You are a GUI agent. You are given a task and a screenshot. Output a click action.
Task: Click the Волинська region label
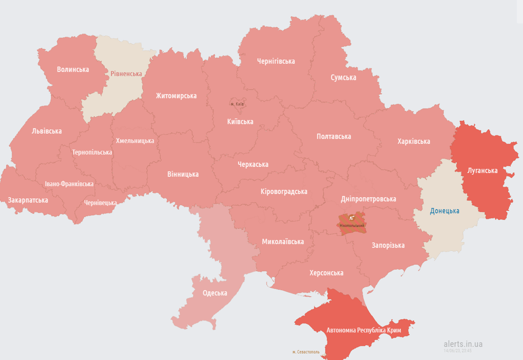pyautogui.click(x=73, y=69)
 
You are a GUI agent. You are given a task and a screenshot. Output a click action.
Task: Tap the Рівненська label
pyautogui.click(x=126, y=74)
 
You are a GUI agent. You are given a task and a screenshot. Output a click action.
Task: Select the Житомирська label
pyautogui.click(x=176, y=96)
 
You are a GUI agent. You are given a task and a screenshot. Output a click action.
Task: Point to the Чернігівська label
pyautogui.click(x=276, y=61)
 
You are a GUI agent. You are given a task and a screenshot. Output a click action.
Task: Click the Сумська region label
pyautogui.click(x=343, y=77)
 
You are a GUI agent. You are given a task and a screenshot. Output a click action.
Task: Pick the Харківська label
pyautogui.click(x=413, y=141)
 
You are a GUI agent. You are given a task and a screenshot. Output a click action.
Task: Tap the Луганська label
pyautogui.click(x=482, y=170)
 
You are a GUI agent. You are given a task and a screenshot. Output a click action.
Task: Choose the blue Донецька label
pyautogui.click(x=445, y=211)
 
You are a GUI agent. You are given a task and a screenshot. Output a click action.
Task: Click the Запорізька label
pyautogui.click(x=388, y=245)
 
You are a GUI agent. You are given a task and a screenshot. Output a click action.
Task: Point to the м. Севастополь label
pyautogui.click(x=305, y=352)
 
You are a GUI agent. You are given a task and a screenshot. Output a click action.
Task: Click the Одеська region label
pyautogui.click(x=215, y=293)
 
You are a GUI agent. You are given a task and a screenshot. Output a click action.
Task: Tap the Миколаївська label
pyautogui.click(x=283, y=242)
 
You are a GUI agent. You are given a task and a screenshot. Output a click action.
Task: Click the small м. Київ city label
pyautogui.click(x=237, y=104)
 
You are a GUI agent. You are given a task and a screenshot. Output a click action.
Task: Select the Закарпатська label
pyautogui.click(x=28, y=200)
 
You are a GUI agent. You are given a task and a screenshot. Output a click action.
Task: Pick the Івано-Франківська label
pyautogui.click(x=69, y=184)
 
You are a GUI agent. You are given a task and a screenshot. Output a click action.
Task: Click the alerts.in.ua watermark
pyautogui.click(x=462, y=344)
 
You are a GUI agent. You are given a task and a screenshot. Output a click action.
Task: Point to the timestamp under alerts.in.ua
pyautogui.click(x=457, y=351)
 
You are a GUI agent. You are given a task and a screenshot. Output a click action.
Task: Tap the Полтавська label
pyautogui.click(x=334, y=136)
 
